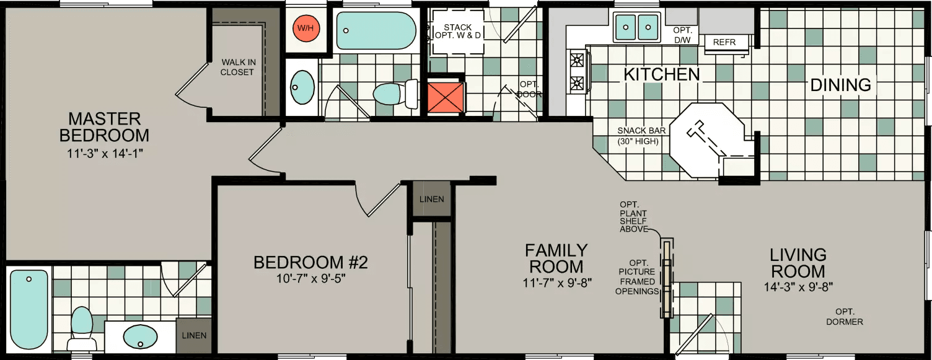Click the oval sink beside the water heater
(x=302, y=87)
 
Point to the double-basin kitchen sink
(x=636, y=26)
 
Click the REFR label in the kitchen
(x=724, y=43)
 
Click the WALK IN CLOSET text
(x=238, y=67)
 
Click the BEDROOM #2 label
(x=310, y=263)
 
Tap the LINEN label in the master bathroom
(x=194, y=335)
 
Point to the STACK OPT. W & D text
(x=458, y=31)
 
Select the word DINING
(x=841, y=85)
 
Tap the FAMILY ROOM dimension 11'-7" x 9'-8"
(x=555, y=283)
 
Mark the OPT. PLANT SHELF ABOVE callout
(x=633, y=216)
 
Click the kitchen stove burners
(x=578, y=71)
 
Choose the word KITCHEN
(x=661, y=75)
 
